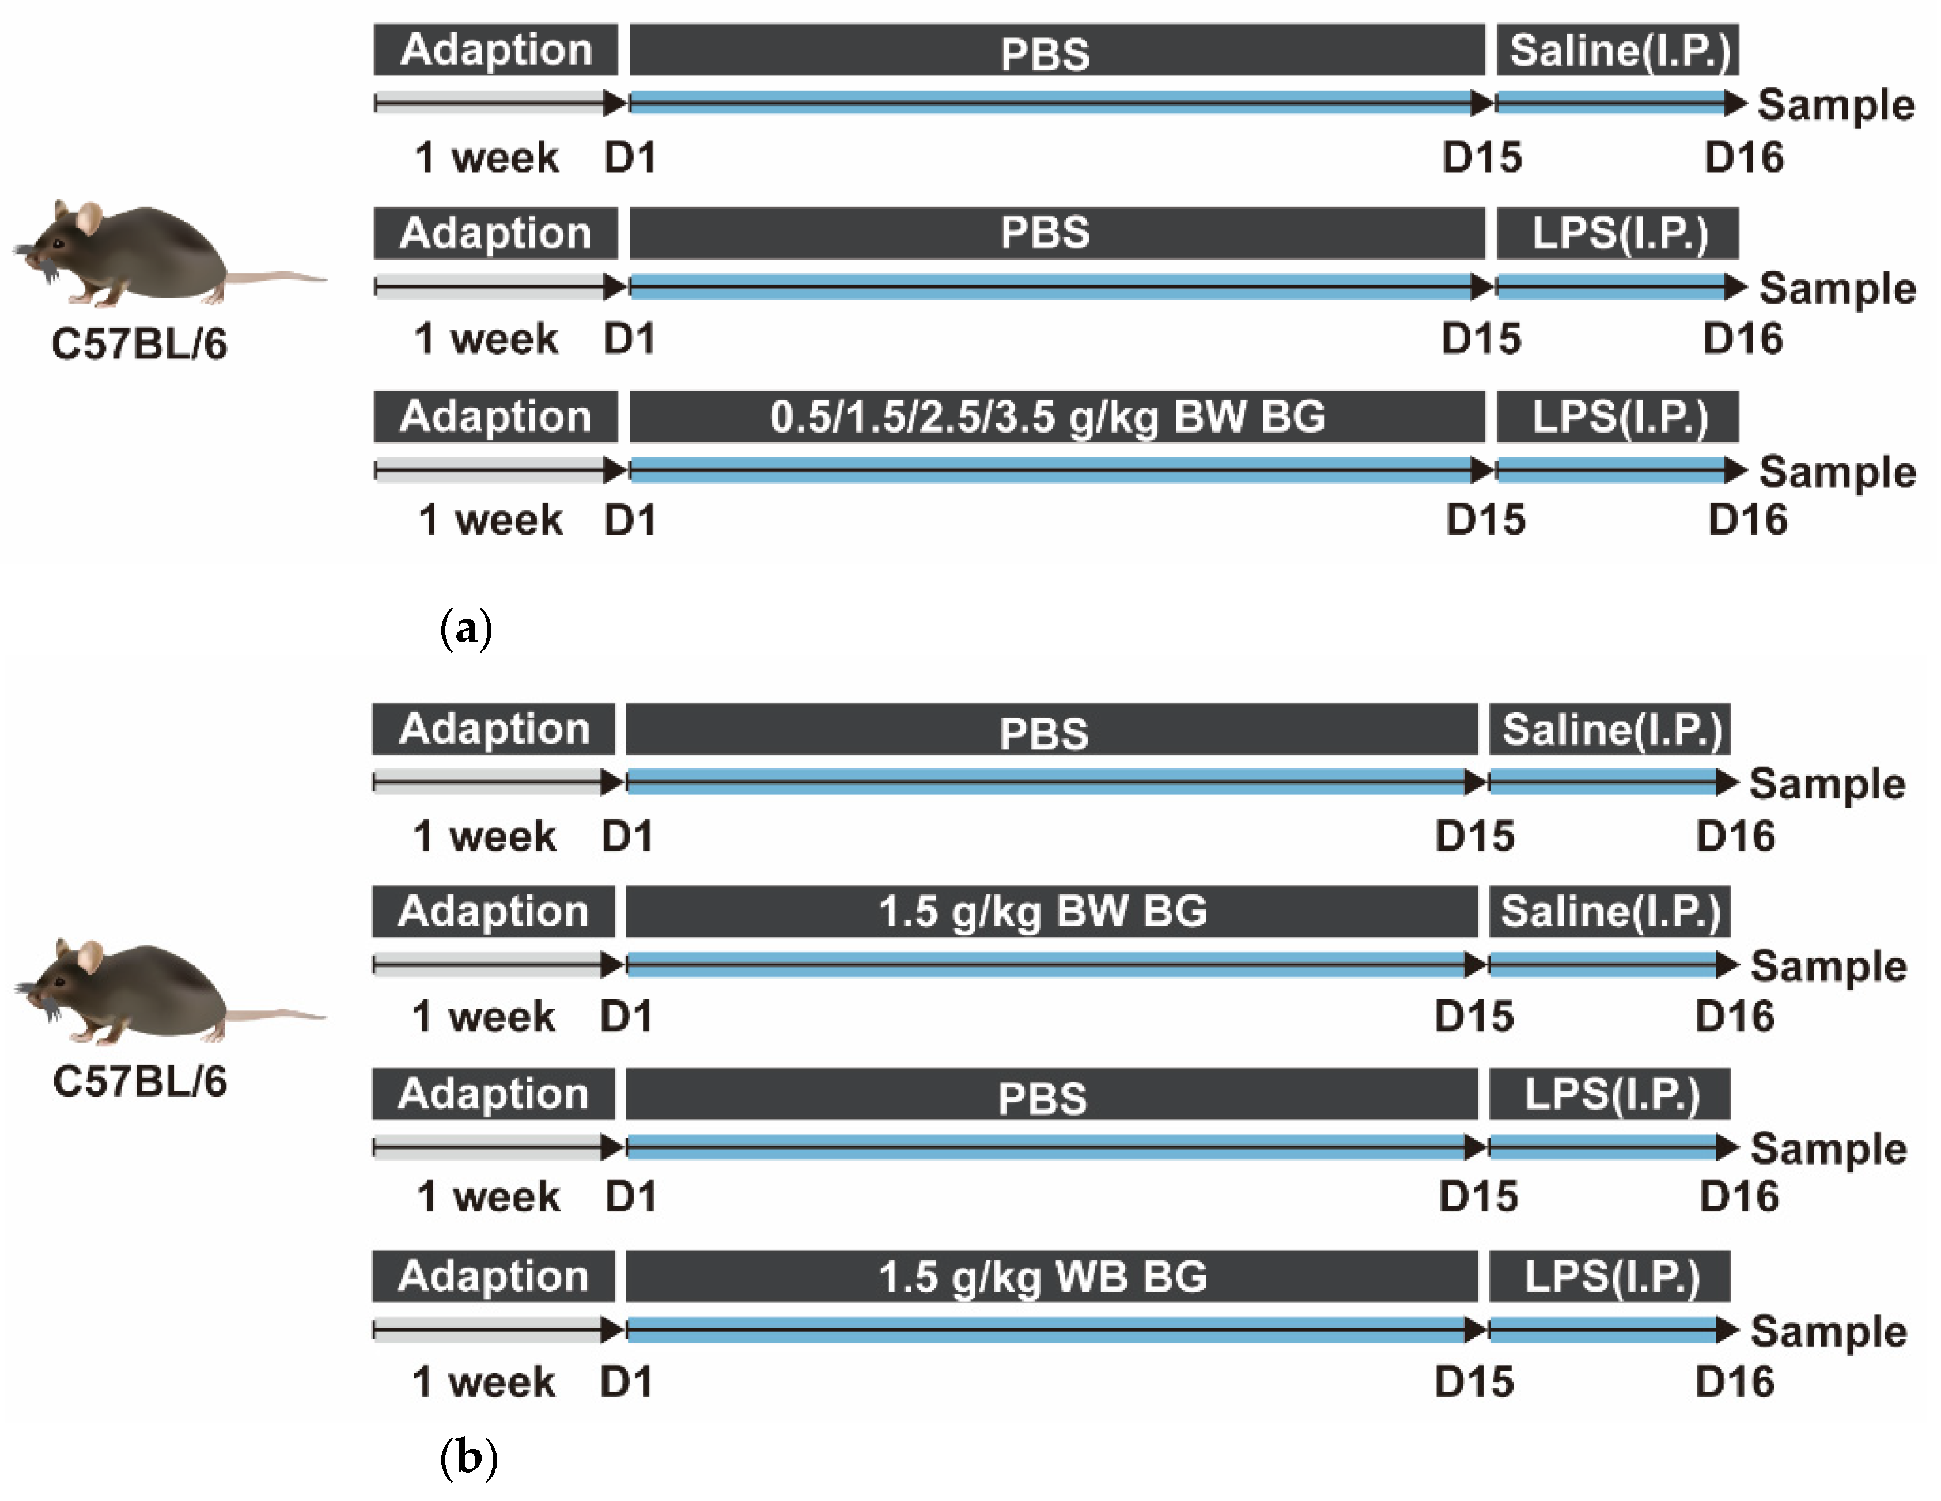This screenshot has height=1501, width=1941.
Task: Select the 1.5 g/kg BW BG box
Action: coord(1050,911)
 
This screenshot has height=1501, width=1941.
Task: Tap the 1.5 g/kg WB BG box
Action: coord(1050,1276)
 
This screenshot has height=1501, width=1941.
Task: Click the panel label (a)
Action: coord(466,629)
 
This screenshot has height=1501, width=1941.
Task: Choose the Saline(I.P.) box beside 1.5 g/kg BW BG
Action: coord(1610,911)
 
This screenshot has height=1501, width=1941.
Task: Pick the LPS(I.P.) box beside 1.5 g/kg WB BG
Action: coord(1610,1276)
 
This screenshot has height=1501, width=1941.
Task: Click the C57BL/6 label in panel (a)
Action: coord(139,344)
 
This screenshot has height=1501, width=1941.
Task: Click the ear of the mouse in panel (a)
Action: coord(88,217)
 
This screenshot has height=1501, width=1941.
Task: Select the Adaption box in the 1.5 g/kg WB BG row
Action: coord(493,1276)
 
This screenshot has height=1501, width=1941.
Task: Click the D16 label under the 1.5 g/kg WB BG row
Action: coord(1734,1382)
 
